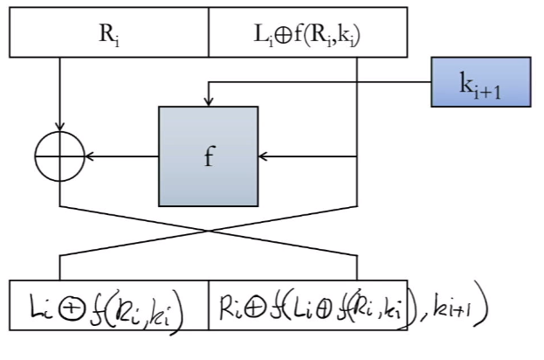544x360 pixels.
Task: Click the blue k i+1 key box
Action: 481,82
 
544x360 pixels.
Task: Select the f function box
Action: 208,156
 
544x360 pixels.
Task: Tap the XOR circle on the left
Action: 59,156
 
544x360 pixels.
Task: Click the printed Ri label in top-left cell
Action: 109,35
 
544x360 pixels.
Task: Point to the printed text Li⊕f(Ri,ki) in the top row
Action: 307,35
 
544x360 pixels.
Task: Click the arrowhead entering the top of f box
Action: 208,101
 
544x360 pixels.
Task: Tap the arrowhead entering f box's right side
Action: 263,156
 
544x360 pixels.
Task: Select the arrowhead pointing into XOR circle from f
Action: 90,156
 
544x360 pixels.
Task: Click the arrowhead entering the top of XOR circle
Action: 59,127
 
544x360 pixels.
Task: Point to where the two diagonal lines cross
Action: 208,231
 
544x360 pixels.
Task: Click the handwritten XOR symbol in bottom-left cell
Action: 71,308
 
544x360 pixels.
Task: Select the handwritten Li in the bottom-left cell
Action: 41,307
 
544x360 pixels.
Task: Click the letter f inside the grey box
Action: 210,156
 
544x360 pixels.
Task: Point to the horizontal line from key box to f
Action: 320,82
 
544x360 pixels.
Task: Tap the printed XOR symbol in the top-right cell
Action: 284,36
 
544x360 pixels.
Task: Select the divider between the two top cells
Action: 209,32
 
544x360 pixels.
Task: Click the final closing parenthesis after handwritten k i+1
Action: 481,303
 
